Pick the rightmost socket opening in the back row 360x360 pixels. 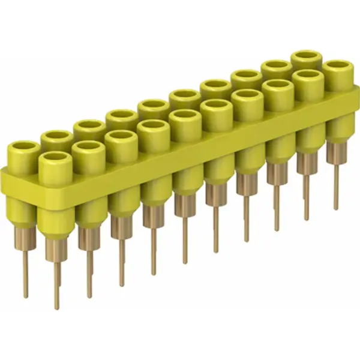(306, 58)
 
